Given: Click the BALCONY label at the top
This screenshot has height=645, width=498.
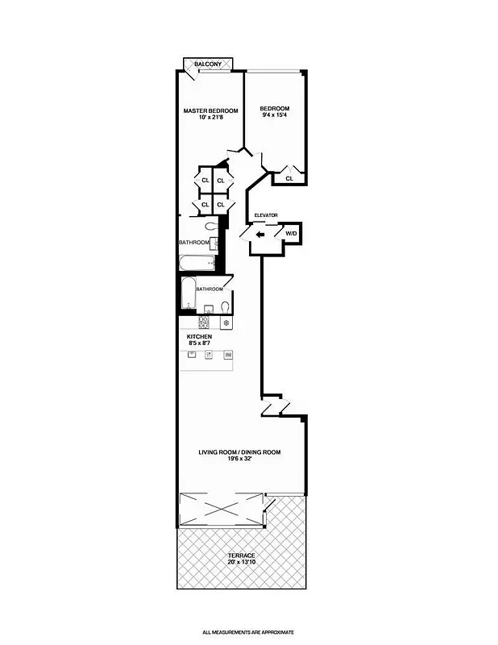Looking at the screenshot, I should pyautogui.click(x=209, y=64).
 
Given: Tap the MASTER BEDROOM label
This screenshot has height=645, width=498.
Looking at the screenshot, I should pyautogui.click(x=210, y=110).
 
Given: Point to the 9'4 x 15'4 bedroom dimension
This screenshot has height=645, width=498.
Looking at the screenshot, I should pyautogui.click(x=274, y=117).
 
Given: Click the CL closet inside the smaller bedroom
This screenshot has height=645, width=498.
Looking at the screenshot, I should pyautogui.click(x=288, y=178).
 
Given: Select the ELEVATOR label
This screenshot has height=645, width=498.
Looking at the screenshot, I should pyautogui.click(x=266, y=215).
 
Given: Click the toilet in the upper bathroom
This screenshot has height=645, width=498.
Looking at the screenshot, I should pyautogui.click(x=210, y=227).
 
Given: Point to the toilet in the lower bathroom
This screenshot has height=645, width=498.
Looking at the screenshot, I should pyautogui.click(x=225, y=307).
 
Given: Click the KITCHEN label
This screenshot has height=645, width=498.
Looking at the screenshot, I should pyautogui.click(x=199, y=336).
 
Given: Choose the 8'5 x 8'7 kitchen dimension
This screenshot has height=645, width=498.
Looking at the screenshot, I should pyautogui.click(x=199, y=344).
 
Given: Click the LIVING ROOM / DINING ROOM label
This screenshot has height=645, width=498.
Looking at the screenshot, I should pyautogui.click(x=239, y=452).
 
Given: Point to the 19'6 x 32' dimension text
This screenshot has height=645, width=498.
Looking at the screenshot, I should pyautogui.click(x=239, y=460).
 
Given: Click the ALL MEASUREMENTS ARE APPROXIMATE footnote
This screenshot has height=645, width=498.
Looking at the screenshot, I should pyautogui.click(x=248, y=633).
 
